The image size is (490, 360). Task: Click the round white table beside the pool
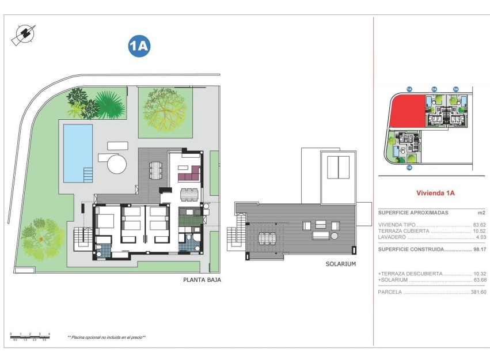tap(117, 164)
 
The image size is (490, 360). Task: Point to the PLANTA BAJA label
tap(202, 280)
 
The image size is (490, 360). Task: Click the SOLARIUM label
tap(340, 264)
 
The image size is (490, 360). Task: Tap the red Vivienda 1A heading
tap(435, 194)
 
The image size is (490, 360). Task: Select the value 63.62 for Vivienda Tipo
tap(479, 225)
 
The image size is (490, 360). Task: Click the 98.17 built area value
tap(479, 249)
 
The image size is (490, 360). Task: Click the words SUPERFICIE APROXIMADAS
tap(413, 213)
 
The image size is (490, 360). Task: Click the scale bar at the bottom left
tap(30, 336)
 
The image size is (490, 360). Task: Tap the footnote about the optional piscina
tap(106, 337)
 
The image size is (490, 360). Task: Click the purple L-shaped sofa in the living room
tap(189, 173)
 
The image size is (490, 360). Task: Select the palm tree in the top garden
tap(107, 103)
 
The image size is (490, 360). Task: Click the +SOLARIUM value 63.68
tap(479, 280)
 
